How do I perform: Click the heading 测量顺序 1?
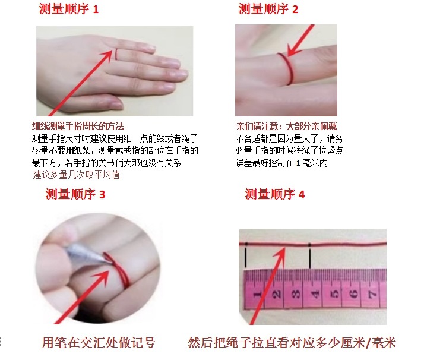coord(69,9)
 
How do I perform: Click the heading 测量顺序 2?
coord(268,9)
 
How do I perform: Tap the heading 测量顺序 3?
coord(75,195)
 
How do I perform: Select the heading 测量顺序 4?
coord(275,194)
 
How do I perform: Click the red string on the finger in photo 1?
coord(119,55)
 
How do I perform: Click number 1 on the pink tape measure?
coord(257,293)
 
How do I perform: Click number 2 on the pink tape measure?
coord(276,293)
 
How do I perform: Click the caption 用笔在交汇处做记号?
coord(99,343)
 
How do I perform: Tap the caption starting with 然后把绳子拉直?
coord(292,343)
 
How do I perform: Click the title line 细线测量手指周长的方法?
coord(78,126)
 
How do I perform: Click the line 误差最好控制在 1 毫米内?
coord(282,163)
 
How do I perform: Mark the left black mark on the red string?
coord(244,255)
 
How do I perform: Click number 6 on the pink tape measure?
coord(353,293)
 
